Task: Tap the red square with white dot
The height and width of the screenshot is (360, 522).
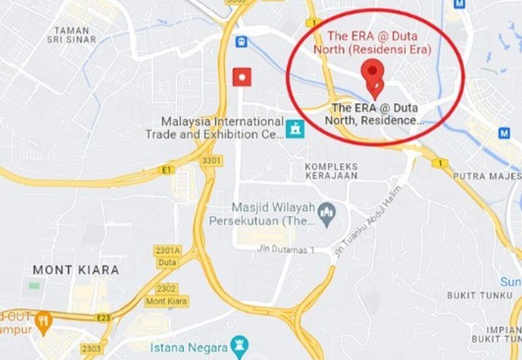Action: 243,76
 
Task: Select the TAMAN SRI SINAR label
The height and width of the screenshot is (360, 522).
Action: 76,35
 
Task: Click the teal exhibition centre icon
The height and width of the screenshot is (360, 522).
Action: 295,128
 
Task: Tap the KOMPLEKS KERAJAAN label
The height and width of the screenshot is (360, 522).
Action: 332,172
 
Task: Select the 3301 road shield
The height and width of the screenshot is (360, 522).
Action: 211,160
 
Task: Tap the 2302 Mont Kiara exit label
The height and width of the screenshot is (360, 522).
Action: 166,295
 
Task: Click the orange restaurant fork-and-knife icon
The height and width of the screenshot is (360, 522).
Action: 44,321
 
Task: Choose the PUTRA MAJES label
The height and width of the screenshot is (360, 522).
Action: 487,176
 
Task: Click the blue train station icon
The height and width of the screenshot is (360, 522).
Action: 242,40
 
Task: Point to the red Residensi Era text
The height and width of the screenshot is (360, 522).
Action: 373,43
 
